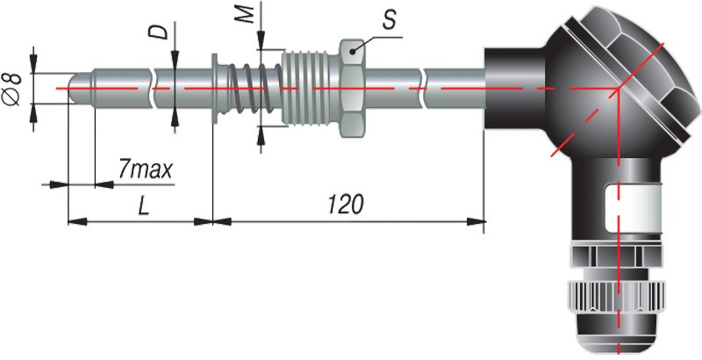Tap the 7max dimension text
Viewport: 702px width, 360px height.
[x=144, y=167]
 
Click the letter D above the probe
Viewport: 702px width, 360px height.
[x=158, y=33]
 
